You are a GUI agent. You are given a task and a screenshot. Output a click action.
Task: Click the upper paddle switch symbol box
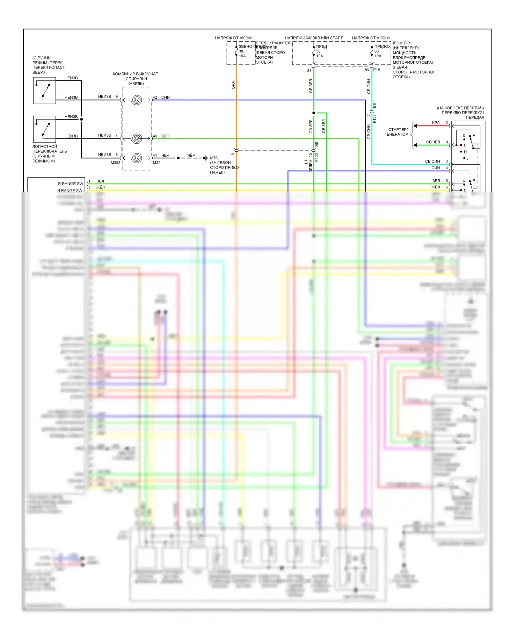(44, 91)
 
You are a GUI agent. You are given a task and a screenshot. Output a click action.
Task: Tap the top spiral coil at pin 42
(137, 100)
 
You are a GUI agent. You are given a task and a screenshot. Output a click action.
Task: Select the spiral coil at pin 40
(137, 139)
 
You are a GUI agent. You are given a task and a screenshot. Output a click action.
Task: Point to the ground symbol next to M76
(205, 158)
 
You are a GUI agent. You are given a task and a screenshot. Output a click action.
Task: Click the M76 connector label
(214, 158)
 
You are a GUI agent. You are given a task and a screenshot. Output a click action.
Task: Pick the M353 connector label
(115, 163)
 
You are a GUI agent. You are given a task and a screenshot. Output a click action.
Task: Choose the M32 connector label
(157, 163)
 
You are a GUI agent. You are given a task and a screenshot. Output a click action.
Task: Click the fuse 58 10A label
(320, 51)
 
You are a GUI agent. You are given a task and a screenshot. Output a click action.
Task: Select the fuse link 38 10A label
(242, 51)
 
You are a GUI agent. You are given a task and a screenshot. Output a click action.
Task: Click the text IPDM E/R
(401, 43)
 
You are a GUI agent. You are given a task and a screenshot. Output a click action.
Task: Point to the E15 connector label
(377, 70)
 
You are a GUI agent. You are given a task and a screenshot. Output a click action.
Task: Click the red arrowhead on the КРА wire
(415, 125)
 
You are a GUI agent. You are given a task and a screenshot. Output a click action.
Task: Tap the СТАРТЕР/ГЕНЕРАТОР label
(396, 132)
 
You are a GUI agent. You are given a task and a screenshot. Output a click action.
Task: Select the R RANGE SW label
(71, 184)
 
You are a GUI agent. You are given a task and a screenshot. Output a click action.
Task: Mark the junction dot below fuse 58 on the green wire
(314, 113)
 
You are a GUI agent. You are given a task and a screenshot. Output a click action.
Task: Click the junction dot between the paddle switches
(81, 120)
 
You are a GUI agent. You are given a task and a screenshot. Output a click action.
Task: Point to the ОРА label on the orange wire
(233, 85)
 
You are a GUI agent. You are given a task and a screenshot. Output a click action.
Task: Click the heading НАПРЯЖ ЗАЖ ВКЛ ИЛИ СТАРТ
(314, 38)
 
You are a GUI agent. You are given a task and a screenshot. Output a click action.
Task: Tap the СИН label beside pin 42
(165, 97)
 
